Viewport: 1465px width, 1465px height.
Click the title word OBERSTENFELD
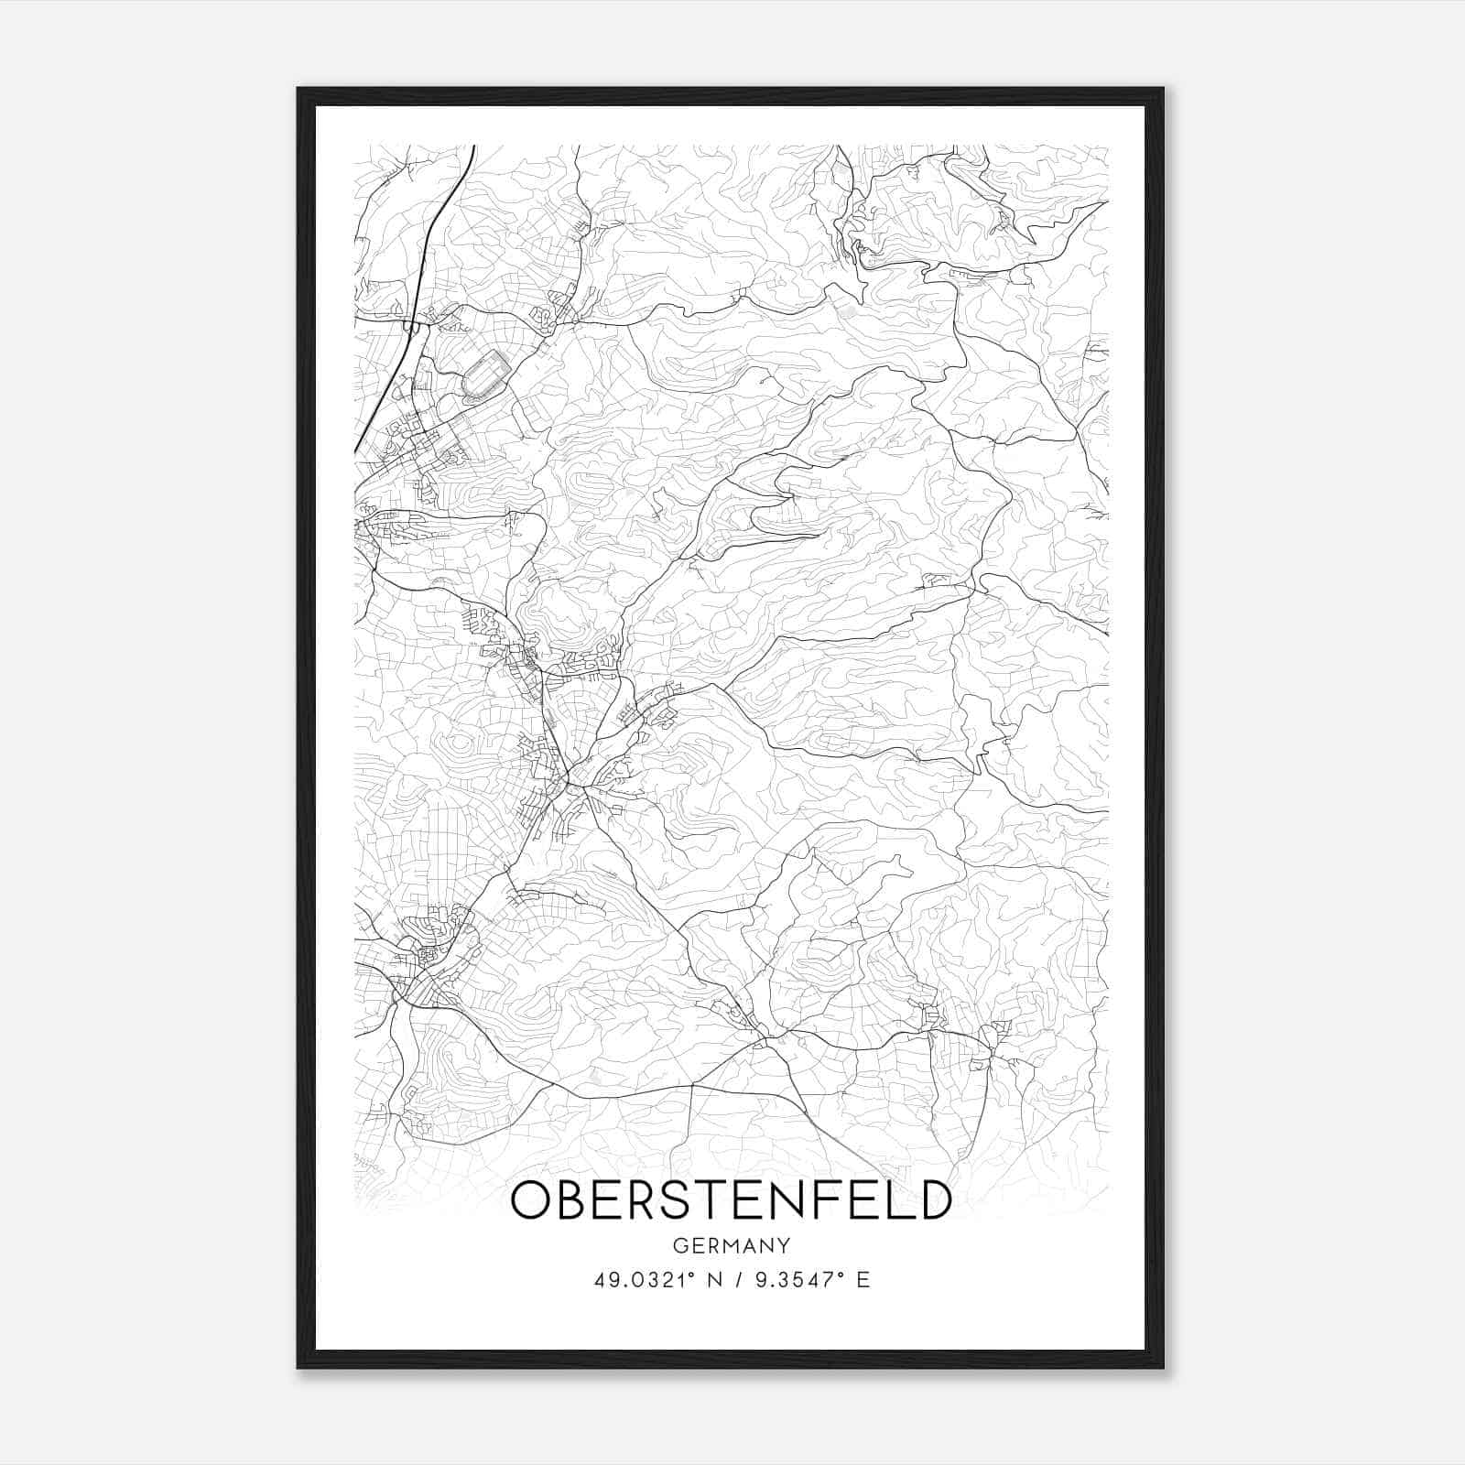[731, 1200]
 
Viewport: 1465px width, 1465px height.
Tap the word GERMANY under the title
[731, 1246]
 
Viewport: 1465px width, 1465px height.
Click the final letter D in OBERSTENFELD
[935, 1200]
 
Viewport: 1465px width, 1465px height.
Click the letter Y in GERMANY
[784, 1246]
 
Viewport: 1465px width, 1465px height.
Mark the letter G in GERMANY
[678, 1246]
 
